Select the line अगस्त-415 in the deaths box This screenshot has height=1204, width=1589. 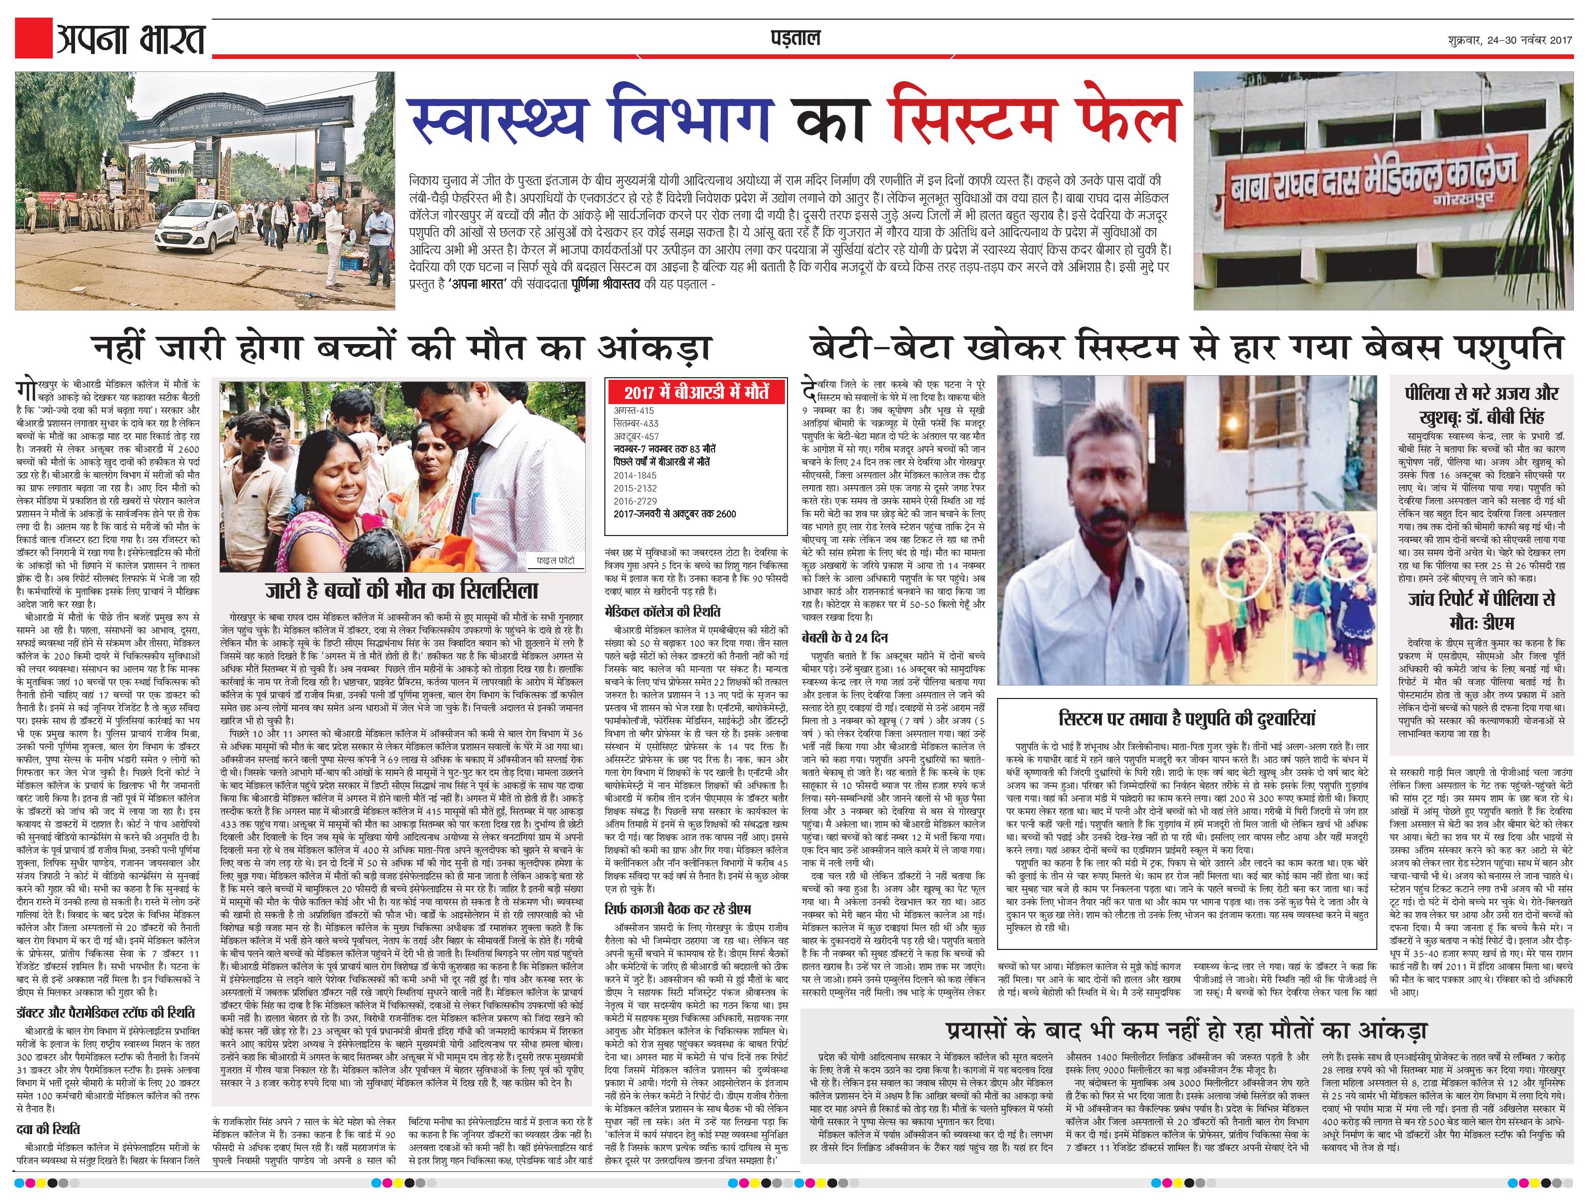point(634,410)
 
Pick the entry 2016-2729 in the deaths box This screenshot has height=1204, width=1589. point(636,501)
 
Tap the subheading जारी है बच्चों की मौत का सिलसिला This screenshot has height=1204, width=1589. point(402,590)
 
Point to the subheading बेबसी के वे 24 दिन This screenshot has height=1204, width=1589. point(845,638)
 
